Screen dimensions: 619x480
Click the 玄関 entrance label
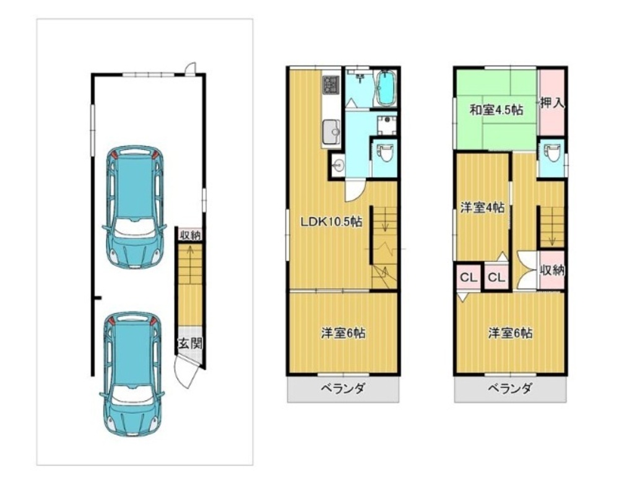click(190, 343)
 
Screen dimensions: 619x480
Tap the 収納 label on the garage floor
click(190, 235)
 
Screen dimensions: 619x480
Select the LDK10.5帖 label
click(331, 222)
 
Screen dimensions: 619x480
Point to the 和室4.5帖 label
click(496, 110)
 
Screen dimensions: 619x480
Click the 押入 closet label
click(552, 103)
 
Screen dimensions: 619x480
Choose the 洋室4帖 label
click(482, 207)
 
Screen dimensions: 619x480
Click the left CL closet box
click(469, 277)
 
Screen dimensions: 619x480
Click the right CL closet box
click(496, 277)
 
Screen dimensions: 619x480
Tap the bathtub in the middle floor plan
click(386, 89)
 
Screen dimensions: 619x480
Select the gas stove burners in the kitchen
click(331, 85)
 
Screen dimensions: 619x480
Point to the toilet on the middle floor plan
click(385, 152)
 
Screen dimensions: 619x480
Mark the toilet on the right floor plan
click(552, 152)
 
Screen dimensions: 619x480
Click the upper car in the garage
click(134, 207)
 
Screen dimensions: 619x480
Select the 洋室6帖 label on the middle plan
click(343, 333)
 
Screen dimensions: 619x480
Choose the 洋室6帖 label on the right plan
click(510, 333)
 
